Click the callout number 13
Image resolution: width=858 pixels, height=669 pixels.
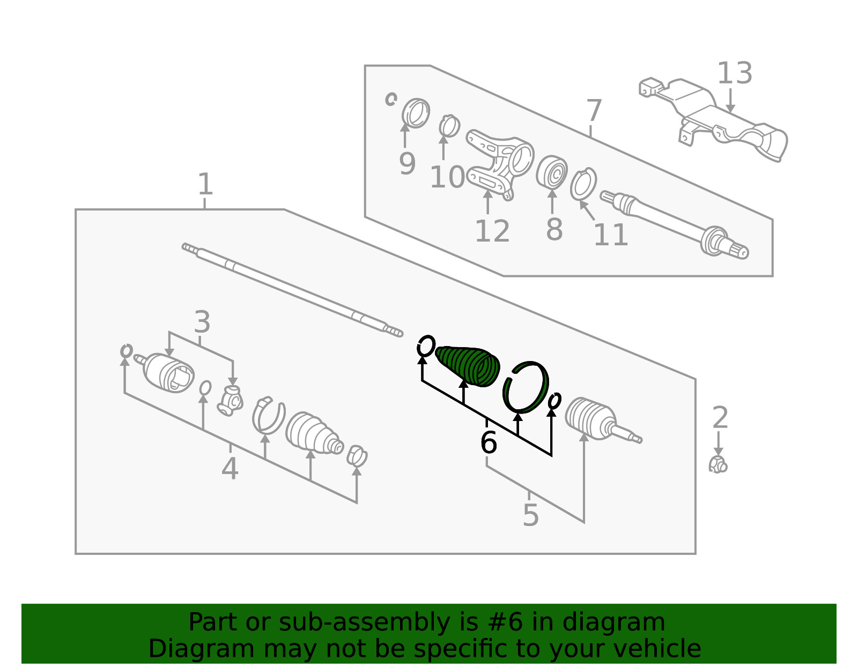735,73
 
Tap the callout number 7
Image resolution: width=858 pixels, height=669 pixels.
594,111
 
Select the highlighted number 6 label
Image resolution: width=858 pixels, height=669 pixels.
489,442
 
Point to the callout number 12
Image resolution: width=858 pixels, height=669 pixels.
492,231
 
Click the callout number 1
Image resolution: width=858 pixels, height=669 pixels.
205,184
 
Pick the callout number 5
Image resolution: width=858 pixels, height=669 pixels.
531,515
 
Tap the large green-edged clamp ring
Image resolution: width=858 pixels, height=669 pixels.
526,387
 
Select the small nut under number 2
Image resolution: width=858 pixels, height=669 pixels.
718,464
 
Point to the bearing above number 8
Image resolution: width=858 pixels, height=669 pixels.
552,172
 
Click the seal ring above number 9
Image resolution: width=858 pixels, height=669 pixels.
416,113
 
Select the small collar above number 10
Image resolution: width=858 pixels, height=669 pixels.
449,126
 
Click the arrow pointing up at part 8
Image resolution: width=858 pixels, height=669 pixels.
552,201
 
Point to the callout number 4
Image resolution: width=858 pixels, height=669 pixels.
230,468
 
